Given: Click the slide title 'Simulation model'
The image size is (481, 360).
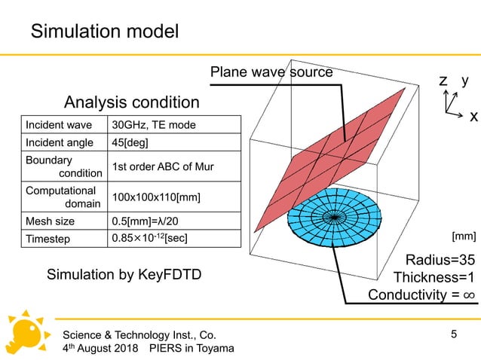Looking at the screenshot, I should pos(104,31).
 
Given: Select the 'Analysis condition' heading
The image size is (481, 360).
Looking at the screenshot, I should pos(132,102).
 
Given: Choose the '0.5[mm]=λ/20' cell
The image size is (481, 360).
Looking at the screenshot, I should pos(146,221).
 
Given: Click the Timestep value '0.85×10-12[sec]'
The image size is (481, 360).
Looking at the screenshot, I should pos(149,239).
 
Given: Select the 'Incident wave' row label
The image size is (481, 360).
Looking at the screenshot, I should pos(59,124).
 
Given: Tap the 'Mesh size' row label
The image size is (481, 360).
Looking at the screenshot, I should pos(50,221).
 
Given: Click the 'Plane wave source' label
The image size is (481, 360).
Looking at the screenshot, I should pos(271,73).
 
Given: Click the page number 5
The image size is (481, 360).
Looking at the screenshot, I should pos(454,332).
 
